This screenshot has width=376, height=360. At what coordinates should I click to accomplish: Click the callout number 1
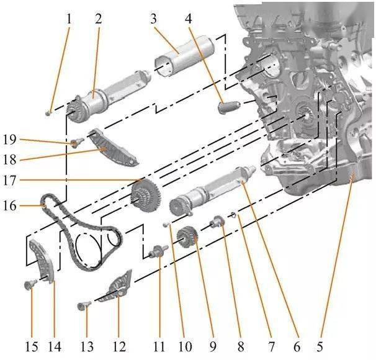tap(69, 19)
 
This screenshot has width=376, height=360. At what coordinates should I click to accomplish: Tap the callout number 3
tap(153, 19)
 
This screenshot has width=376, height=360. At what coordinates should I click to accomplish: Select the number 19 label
tap(9, 140)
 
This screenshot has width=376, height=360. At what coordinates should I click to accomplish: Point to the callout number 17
tap(9, 181)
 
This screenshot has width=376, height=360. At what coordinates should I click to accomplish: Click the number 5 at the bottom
tap(320, 346)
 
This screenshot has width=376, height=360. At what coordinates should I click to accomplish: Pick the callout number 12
tap(119, 346)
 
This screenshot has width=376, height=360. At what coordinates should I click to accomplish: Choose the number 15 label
tap(32, 346)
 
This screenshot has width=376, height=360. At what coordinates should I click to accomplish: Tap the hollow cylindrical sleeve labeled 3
tap(185, 57)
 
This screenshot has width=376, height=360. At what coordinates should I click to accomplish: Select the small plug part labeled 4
tap(229, 107)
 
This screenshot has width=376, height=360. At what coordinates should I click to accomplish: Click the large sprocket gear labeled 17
tap(146, 196)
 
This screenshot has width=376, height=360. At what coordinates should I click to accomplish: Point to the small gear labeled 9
tap(187, 238)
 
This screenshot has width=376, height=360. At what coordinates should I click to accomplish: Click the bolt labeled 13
tap(83, 305)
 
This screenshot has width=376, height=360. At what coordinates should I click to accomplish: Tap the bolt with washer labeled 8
tap(217, 220)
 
